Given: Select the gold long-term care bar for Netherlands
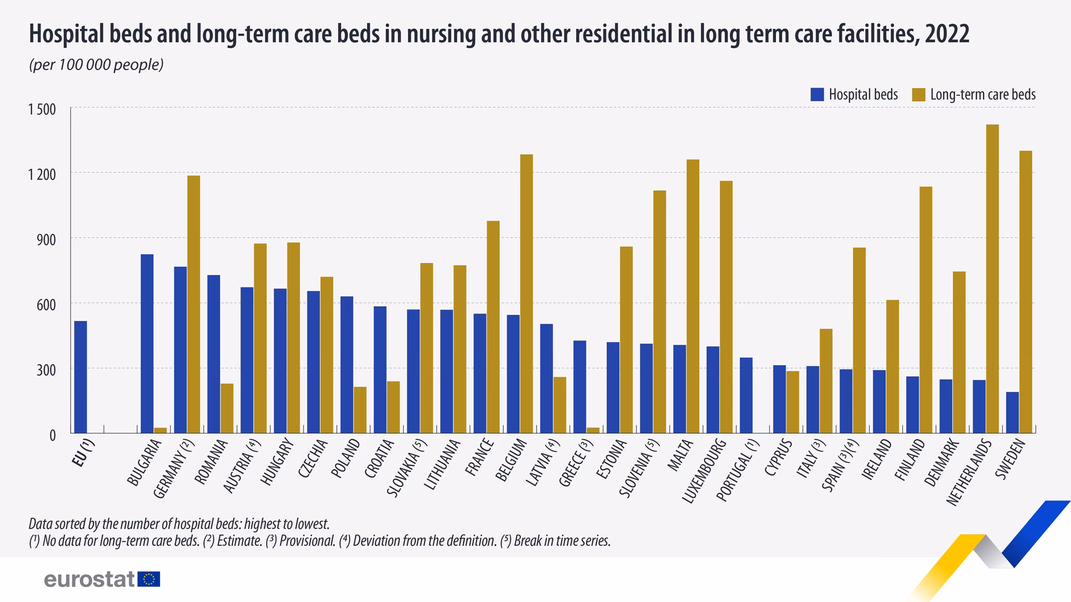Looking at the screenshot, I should click(992, 279).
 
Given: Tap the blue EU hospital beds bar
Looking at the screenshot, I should click(80, 377).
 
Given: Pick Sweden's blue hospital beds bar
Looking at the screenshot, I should click(1012, 412).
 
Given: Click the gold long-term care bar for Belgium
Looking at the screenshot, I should click(527, 294).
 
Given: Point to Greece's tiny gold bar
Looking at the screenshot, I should click(593, 430).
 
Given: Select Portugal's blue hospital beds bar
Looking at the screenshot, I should click(746, 395).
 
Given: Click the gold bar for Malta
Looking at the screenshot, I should click(693, 296).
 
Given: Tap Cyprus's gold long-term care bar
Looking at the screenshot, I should click(793, 402).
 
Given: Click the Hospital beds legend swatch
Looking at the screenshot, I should click(817, 95).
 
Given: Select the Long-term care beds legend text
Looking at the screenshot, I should click(982, 95).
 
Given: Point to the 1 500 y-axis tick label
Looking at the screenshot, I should click(42, 109).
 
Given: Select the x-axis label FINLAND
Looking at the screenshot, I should click(910, 460).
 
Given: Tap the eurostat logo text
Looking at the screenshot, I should click(89, 579).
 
